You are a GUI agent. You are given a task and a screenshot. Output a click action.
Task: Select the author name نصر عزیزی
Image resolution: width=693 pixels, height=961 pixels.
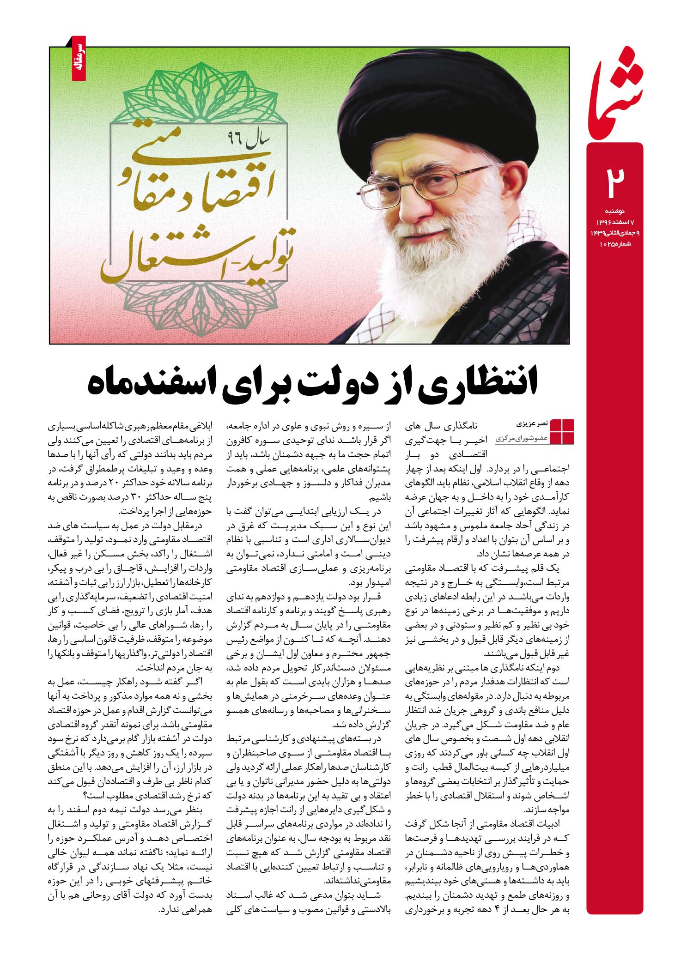(534, 423)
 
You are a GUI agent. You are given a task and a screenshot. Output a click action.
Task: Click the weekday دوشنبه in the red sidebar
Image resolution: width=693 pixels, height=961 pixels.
(615, 211)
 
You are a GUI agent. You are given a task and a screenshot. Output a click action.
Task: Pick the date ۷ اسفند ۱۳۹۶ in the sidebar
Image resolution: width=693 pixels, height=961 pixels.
(615, 222)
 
